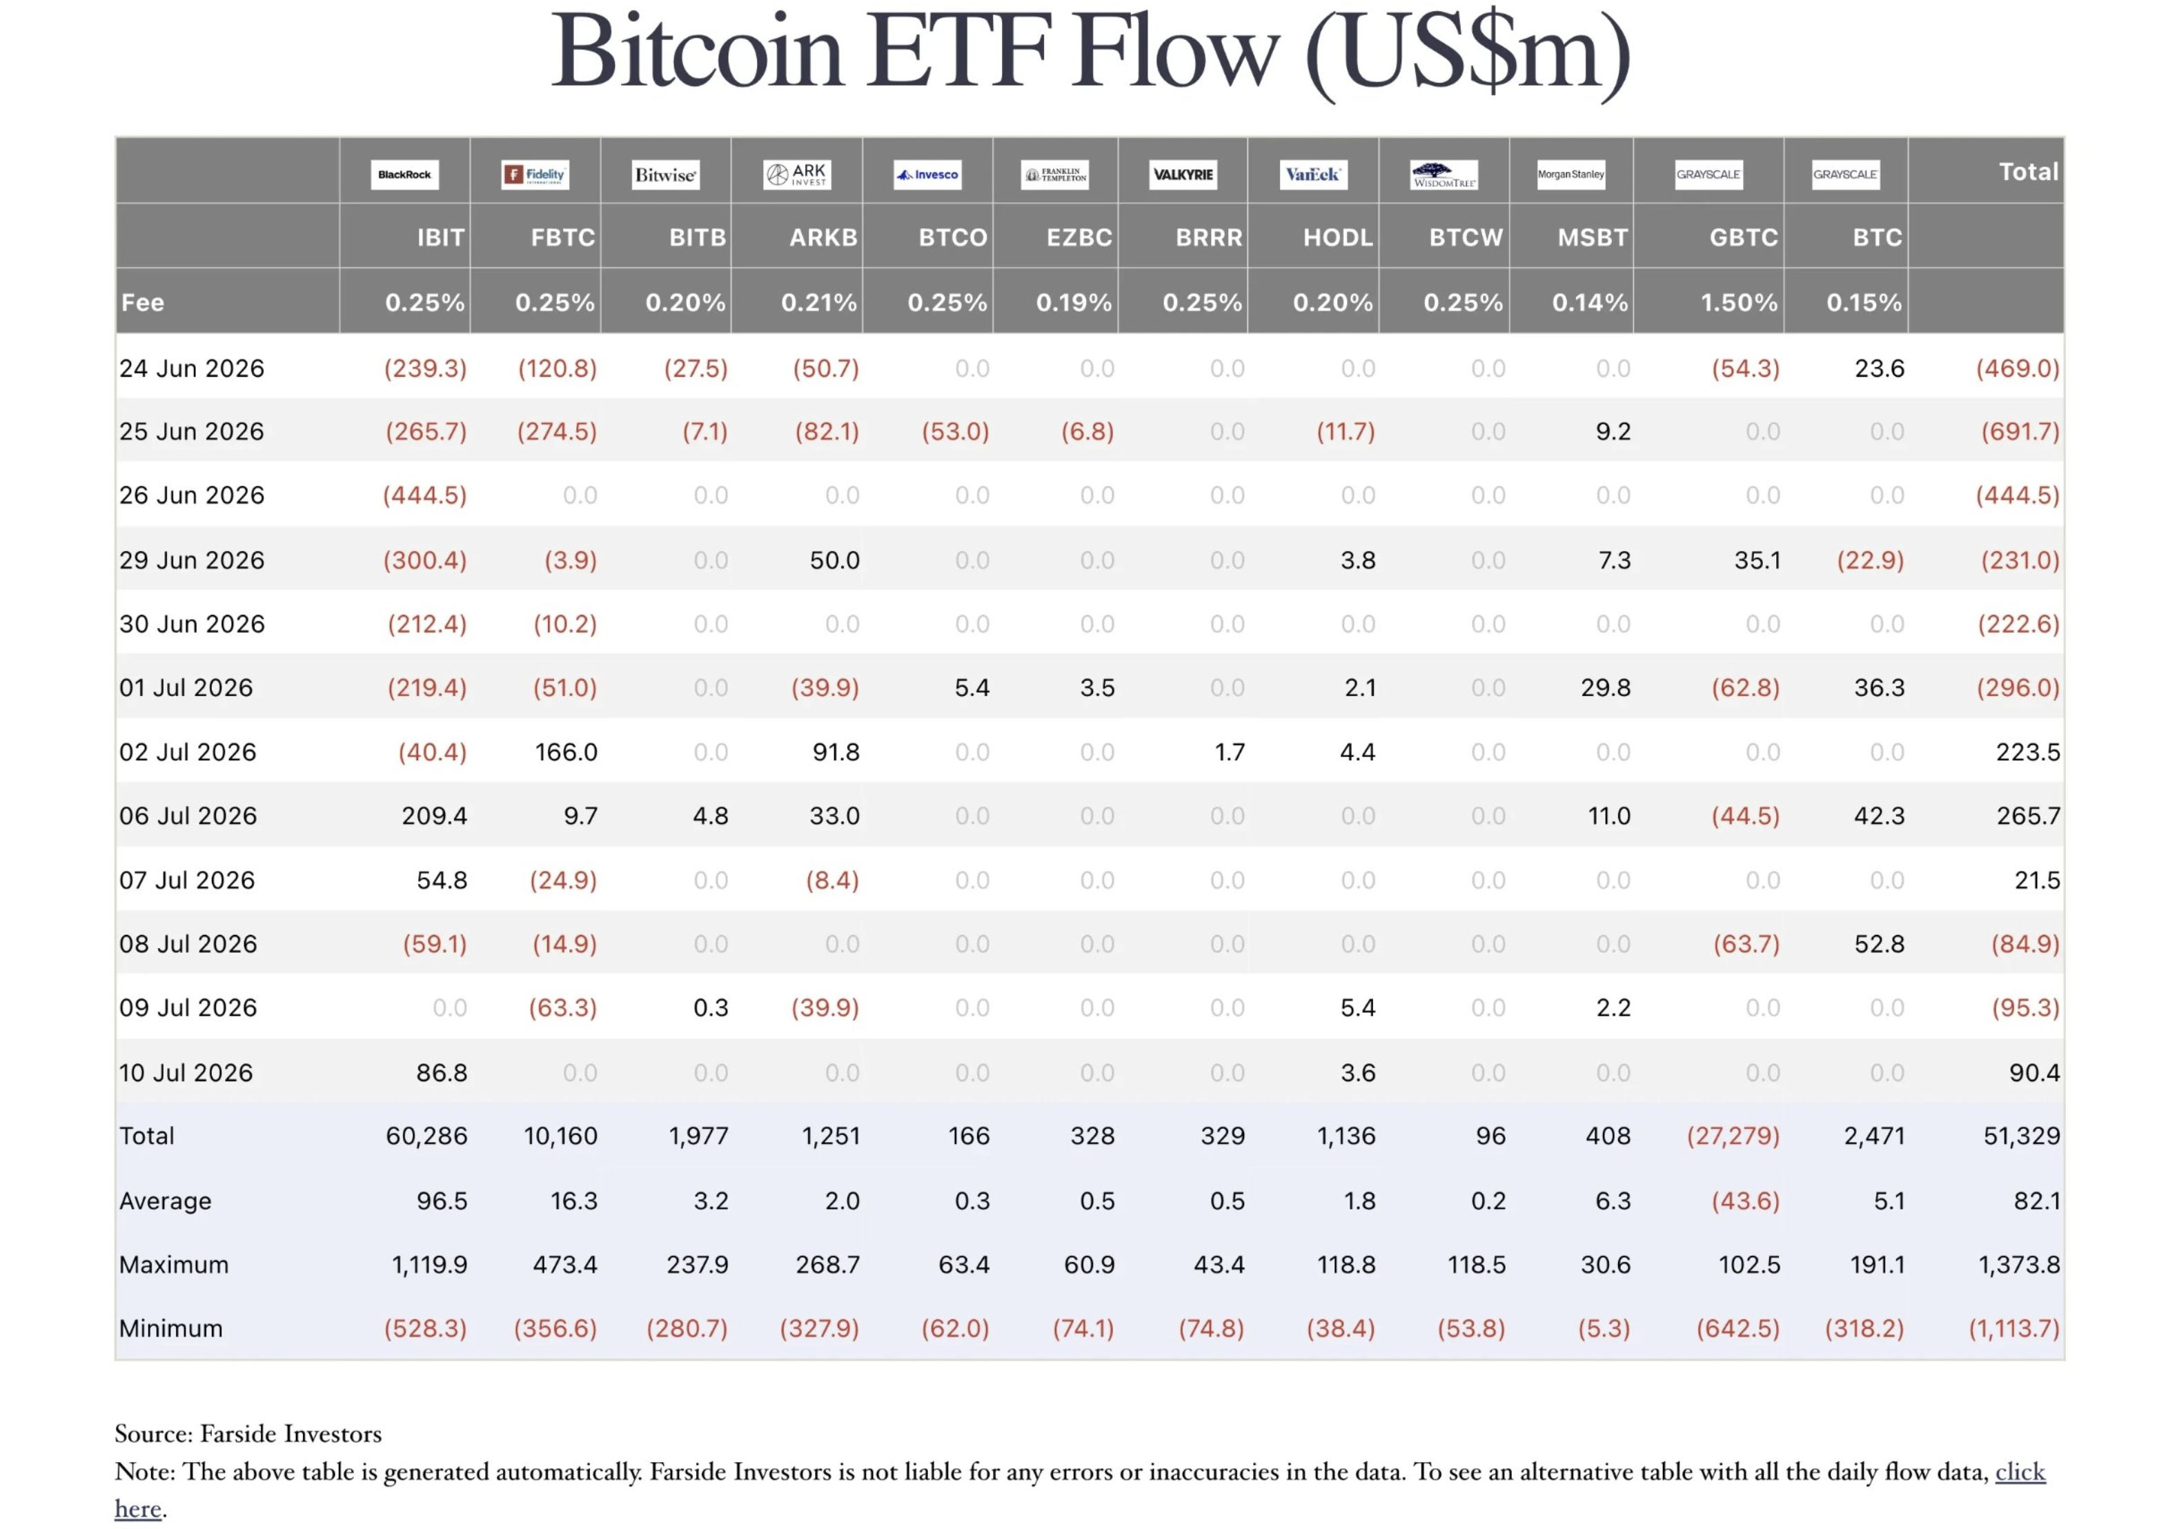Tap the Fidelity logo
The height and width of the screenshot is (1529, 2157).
(535, 174)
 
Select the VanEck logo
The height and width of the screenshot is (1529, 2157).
(1312, 174)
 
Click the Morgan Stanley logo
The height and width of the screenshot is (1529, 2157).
(1570, 174)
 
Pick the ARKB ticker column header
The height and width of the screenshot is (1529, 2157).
(823, 237)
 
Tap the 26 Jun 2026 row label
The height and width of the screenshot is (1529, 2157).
(191, 495)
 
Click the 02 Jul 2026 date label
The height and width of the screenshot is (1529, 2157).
(188, 752)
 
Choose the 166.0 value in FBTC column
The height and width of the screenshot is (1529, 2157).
(566, 752)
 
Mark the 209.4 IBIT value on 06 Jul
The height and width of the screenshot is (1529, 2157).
(434, 816)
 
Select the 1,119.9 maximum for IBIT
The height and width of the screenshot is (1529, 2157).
(429, 1265)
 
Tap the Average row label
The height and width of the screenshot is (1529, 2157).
(165, 1201)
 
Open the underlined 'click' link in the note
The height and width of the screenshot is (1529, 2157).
(2020, 1472)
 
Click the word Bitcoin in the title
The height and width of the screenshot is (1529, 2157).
(697, 51)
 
